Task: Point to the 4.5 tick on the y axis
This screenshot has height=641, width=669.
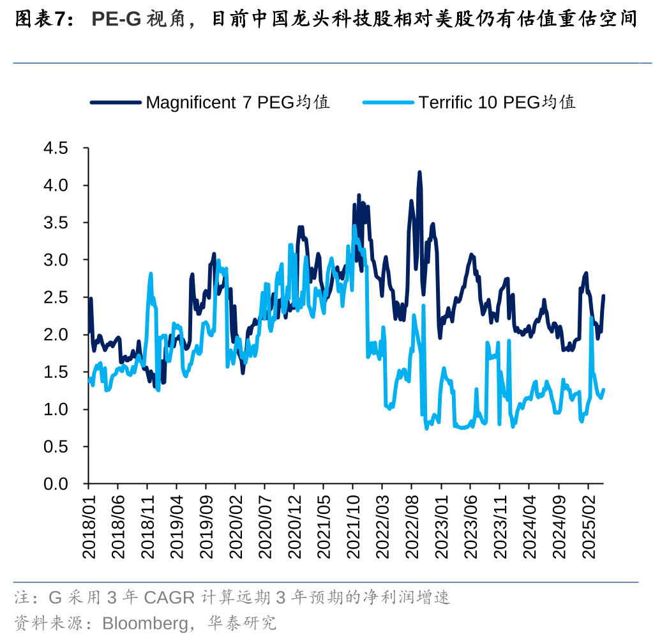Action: click(55, 149)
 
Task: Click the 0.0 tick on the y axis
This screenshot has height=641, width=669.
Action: click(55, 484)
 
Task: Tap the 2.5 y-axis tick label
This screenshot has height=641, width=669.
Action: click(55, 298)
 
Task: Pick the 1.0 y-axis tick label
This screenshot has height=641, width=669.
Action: click(55, 409)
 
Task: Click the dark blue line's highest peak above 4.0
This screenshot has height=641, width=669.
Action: click(419, 172)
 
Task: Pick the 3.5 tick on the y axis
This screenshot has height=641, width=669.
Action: click(55, 223)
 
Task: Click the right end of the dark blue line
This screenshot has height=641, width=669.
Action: click(603, 296)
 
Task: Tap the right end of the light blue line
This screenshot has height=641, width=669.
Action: click(603, 390)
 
